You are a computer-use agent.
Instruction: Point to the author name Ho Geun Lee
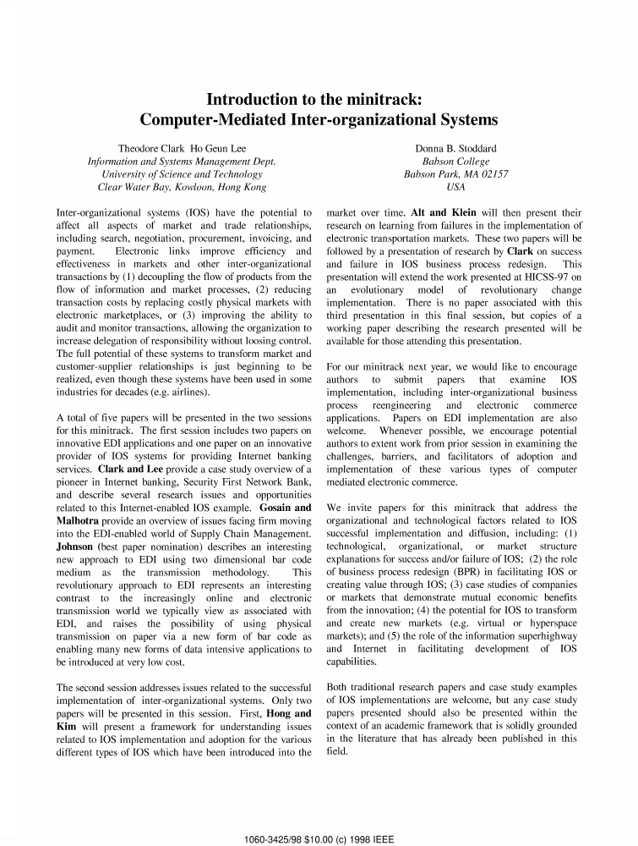(x=219, y=149)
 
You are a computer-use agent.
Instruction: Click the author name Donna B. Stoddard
(x=455, y=149)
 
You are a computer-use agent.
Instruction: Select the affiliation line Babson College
(x=455, y=162)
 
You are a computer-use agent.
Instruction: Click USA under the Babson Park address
(x=455, y=187)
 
